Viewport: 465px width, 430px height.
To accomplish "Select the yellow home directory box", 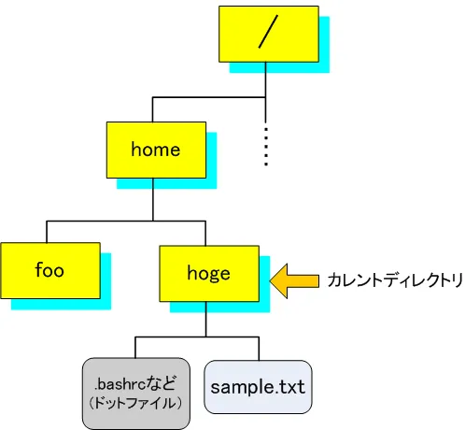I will point(155,150).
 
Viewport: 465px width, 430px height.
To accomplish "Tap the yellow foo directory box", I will point(49,271).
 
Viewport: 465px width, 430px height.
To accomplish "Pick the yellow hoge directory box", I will point(207,272).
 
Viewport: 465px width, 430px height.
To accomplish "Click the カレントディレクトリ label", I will point(394,279).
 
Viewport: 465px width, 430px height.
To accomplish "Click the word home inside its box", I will point(155,150).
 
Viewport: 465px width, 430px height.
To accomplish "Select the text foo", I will point(49,271).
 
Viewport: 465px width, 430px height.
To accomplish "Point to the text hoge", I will point(207,272).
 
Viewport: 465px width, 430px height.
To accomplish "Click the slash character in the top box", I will point(267,34).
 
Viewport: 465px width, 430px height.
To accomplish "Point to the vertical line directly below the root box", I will point(267,79).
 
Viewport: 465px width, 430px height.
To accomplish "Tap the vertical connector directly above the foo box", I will point(47,232).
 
